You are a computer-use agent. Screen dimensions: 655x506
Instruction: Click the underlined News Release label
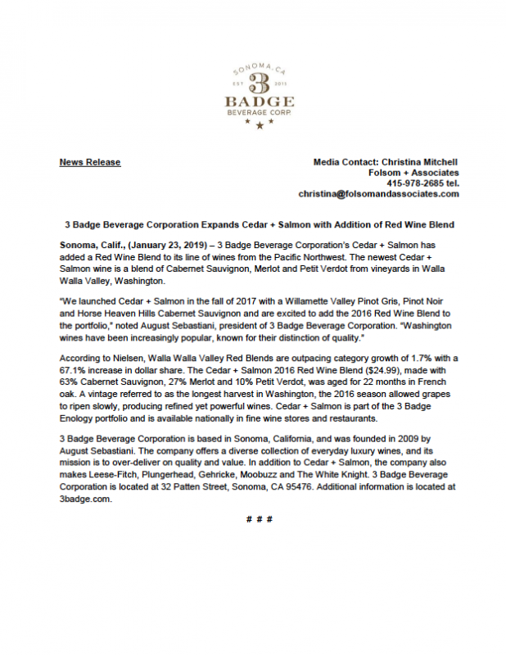coord(90,162)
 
